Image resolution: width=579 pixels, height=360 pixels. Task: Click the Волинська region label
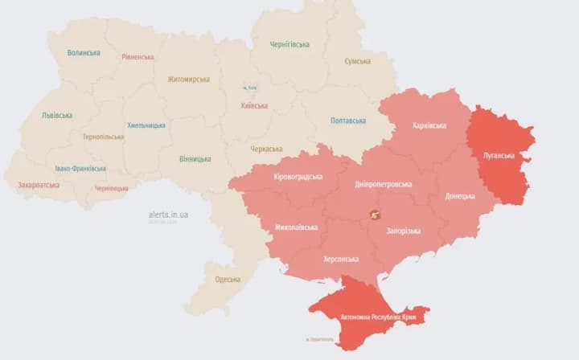coord(84,53)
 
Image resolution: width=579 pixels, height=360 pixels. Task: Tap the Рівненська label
coord(138,57)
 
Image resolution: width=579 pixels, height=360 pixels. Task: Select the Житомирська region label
coord(189,80)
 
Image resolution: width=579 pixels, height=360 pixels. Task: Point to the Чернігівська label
coord(289,44)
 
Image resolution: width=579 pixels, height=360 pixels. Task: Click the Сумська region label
coord(358,61)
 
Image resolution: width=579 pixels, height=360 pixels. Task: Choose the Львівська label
coord(57,115)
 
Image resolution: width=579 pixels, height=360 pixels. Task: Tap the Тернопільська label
coord(103,137)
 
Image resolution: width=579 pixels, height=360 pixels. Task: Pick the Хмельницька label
coord(146,125)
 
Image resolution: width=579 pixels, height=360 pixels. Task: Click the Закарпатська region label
coord(39,185)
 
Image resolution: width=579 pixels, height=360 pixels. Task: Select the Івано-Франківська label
coord(80,169)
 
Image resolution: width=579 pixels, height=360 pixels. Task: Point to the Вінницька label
coord(195,159)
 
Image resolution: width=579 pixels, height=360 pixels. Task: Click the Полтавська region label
coord(348,121)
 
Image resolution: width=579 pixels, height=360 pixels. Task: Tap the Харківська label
coord(429,125)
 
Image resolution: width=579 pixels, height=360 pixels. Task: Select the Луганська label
coord(499,155)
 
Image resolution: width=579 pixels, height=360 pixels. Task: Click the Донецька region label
coord(460,196)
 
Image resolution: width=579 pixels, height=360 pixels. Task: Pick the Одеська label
coord(228,280)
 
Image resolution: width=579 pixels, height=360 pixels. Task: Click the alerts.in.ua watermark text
coord(168,215)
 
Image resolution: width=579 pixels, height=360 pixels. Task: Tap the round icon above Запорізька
coord(375,215)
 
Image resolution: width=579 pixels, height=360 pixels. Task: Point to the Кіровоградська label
coord(298,177)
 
